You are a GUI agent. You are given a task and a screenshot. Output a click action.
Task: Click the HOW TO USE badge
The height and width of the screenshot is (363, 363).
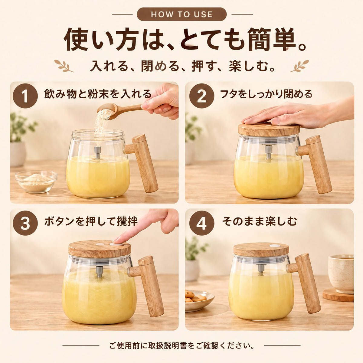tap(181, 14)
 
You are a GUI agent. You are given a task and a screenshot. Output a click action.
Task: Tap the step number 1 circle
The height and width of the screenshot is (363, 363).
tap(25, 96)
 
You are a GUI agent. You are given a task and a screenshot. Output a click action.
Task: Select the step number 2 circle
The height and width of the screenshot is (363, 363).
tap(201, 96)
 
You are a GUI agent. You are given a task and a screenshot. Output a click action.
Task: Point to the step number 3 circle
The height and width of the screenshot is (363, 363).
tap(25, 223)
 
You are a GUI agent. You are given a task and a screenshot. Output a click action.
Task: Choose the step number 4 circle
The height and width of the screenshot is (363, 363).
tap(201, 223)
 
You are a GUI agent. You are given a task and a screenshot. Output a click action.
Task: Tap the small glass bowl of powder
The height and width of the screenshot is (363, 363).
tap(36, 181)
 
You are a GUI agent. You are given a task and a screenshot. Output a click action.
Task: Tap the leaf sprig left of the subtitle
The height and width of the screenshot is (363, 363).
tap(64, 66)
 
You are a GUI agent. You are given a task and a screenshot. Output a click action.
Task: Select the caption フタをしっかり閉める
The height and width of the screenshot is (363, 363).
tap(266, 94)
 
